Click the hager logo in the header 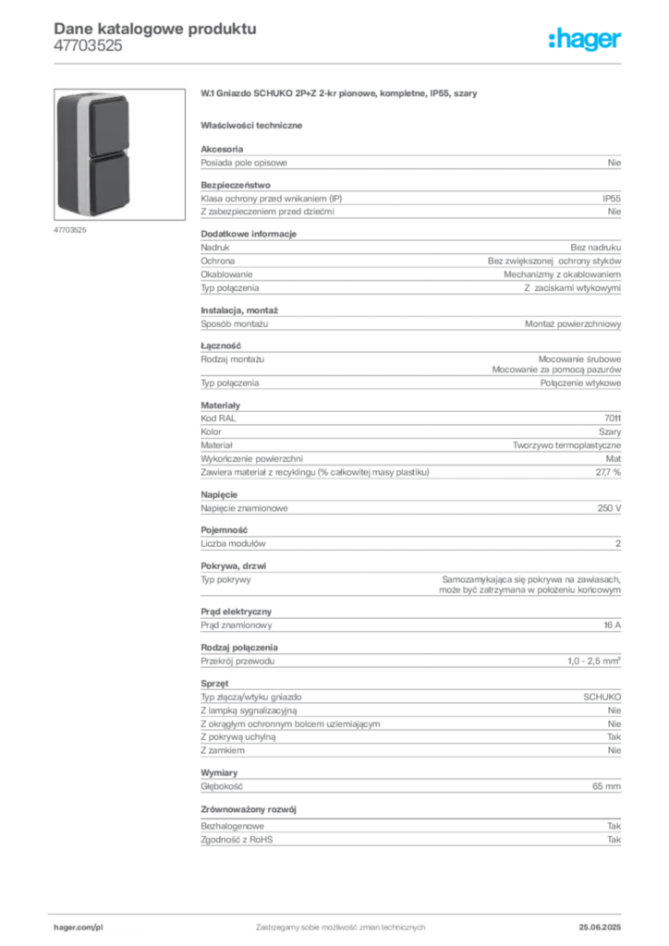coord(585,39)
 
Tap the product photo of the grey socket coord(119,154)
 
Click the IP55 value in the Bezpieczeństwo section coord(612,199)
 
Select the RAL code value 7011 coord(613,418)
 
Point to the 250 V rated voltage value coord(609,508)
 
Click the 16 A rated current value coord(613,625)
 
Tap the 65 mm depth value coord(607,786)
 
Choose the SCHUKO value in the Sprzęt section coord(602,697)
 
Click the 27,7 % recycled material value coord(608,472)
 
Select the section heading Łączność coord(221,346)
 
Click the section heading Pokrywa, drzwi coord(234,566)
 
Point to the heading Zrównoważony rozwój coord(249,809)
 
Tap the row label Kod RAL coord(218,418)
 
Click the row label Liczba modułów coord(233,543)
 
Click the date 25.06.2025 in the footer coord(600,928)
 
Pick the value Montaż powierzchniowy coord(573,324)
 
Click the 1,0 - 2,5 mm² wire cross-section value coord(594,661)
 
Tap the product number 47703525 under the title coord(88,46)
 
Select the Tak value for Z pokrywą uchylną coord(614,736)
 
